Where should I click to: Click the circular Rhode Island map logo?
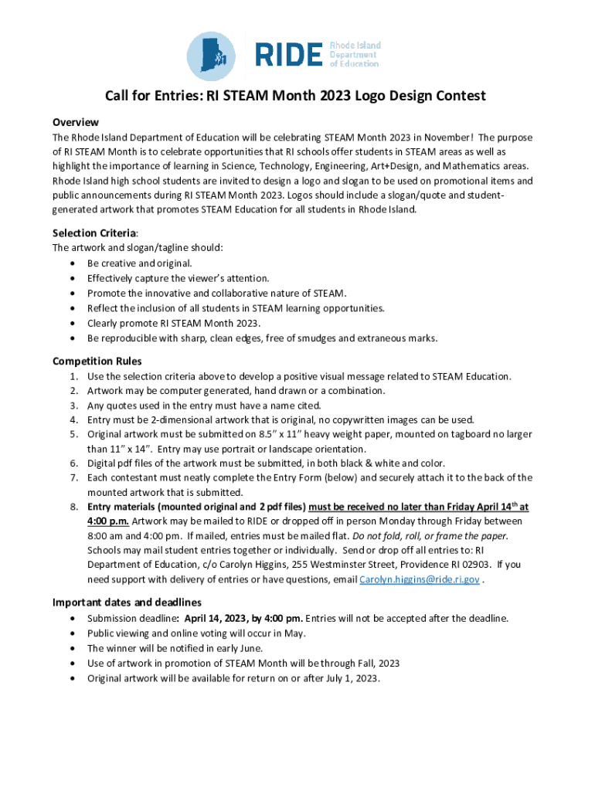pos(212,55)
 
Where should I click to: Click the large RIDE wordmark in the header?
pos(288,55)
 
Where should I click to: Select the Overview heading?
pos(75,122)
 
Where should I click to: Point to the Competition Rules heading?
pos(97,361)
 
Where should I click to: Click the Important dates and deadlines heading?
pos(127,602)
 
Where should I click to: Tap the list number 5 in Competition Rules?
pos(73,434)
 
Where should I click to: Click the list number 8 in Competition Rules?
pos(73,507)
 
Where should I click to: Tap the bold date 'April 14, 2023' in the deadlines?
pos(219,618)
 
